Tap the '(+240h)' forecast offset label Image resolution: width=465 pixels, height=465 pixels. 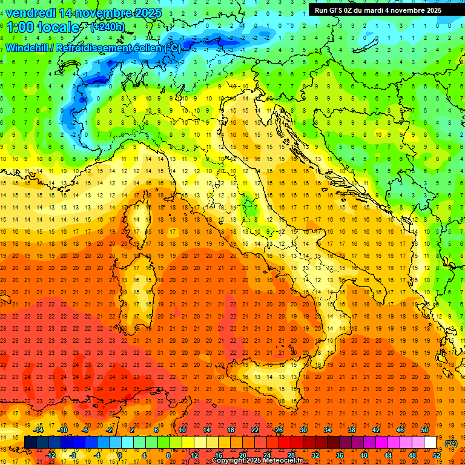coord(108,27)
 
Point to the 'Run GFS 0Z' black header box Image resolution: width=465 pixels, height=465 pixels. coord(378,10)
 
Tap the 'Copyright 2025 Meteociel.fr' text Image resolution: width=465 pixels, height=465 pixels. coord(256,460)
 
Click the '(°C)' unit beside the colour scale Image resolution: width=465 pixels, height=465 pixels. coord(451,443)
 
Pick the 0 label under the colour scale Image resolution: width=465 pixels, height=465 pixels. coord(119,455)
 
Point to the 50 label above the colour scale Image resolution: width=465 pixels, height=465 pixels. coord(424,430)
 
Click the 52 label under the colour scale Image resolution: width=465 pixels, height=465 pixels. coord(436,455)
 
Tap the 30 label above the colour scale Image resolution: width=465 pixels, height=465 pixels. coord(303,430)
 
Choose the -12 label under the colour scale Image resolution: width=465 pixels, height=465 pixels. coord(50,455)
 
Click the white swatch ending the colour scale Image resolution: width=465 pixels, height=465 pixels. coord(430,443)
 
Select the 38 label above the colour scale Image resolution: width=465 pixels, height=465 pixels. coord(351,430)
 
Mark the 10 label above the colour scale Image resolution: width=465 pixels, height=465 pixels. coord(182,430)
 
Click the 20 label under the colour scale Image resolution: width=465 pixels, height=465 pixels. coord(242,455)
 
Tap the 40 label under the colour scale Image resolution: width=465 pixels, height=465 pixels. coord(363,455)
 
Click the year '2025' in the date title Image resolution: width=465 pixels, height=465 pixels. coord(148,13)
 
